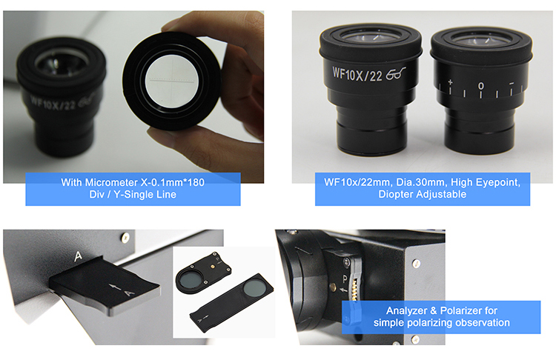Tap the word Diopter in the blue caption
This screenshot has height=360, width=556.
[x=396, y=195]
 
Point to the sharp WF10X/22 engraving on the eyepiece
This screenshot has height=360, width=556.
[x=357, y=74]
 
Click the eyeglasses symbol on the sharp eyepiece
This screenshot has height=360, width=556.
[x=396, y=74]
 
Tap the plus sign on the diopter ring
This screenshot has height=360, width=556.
[x=450, y=82]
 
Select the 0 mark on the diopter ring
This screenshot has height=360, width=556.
[x=481, y=85]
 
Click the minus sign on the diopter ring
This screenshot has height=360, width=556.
[x=512, y=84]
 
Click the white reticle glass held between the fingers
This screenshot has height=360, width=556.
[x=172, y=81]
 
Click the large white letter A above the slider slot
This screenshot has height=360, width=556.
[x=79, y=256]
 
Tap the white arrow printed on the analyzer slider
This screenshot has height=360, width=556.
[x=114, y=286]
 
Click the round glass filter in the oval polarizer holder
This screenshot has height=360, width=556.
[x=191, y=281]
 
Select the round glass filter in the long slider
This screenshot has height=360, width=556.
[x=254, y=287]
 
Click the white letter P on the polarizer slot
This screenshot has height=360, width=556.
[x=345, y=279]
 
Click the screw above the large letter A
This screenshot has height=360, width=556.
[x=125, y=238]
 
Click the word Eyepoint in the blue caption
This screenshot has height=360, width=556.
[x=498, y=182]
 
